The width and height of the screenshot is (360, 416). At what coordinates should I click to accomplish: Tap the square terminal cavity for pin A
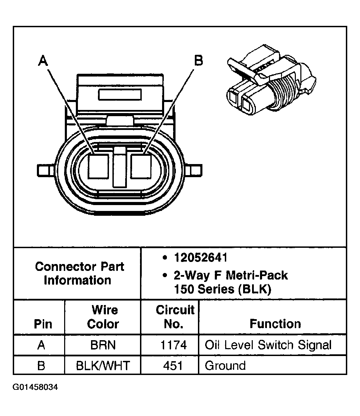[98, 166]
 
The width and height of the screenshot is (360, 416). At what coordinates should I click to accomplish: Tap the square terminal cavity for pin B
[141, 166]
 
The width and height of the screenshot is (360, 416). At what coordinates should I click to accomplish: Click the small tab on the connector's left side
[43, 170]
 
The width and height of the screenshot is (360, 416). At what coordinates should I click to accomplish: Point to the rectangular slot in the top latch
[120, 94]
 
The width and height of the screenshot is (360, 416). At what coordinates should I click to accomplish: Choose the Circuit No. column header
[175, 317]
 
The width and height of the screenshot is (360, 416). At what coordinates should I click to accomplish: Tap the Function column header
[275, 324]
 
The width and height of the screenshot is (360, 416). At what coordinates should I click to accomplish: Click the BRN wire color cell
[103, 345]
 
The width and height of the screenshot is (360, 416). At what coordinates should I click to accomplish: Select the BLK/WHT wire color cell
[103, 365]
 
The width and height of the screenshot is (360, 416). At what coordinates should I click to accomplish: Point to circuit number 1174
[174, 345]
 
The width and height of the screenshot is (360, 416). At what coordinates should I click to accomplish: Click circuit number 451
[173, 365]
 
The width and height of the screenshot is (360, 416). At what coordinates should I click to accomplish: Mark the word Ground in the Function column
[225, 365]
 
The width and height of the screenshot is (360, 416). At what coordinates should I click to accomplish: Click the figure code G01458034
[36, 387]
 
